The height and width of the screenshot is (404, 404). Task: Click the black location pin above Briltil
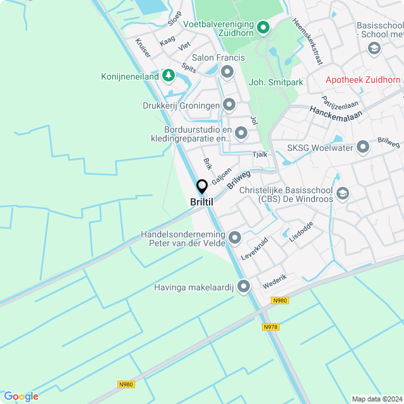coord(202,187)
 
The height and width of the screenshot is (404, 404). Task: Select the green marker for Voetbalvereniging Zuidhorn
coord(263,28)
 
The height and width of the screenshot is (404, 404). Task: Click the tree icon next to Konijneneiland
coord(168,76)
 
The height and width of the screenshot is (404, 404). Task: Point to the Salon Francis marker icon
coord(227,73)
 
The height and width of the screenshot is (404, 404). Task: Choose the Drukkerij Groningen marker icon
coord(229,105)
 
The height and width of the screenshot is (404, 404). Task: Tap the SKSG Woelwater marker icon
coord(362,148)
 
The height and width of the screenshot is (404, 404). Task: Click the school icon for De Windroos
coord(343,193)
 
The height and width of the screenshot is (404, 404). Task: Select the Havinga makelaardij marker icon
coord(243,287)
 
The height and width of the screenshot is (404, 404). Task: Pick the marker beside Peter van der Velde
coord(235,238)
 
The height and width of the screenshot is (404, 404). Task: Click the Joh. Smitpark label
coord(276,82)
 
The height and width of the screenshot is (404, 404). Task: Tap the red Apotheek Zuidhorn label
coord(363,80)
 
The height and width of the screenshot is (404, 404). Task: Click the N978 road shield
coord(270,326)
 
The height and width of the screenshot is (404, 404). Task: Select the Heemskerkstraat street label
coord(307,40)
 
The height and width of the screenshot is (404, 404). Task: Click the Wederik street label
coord(275,282)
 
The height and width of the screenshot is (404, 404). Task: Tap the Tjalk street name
coord(260,155)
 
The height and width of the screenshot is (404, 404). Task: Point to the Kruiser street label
coord(143,48)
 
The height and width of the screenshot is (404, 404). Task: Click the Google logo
coord(21,396)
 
